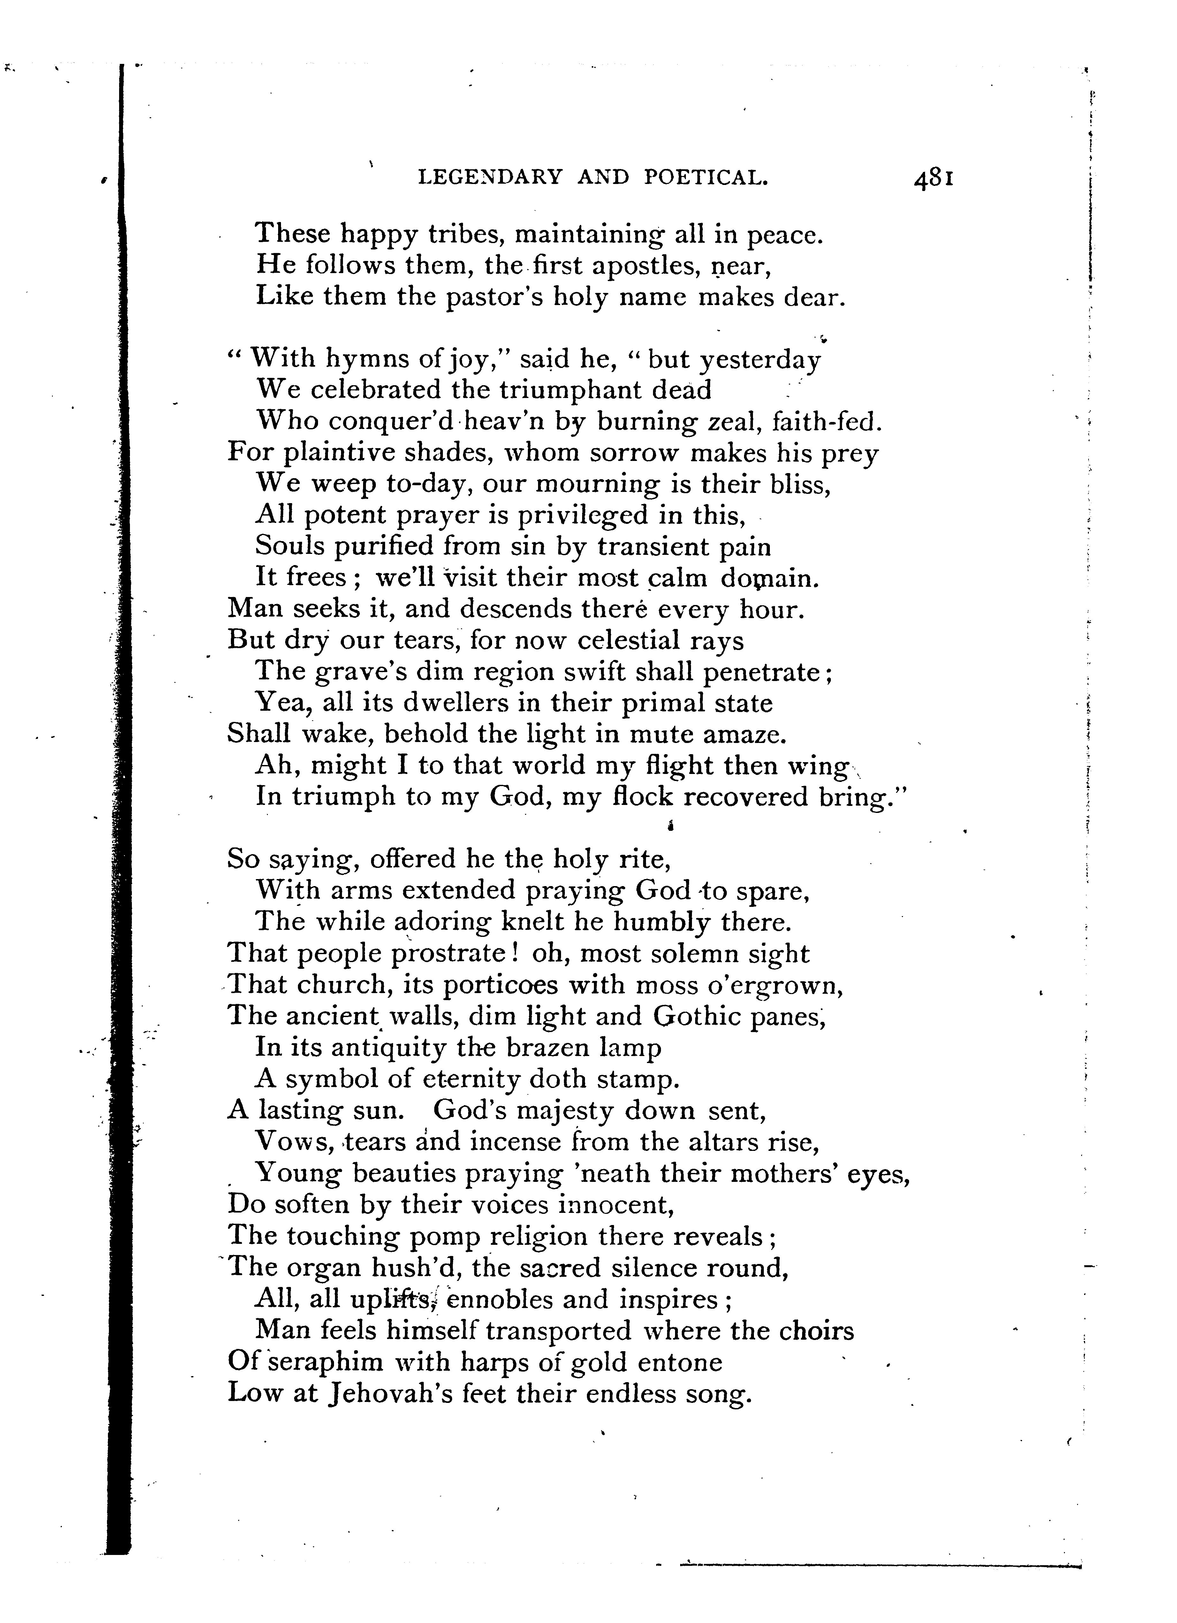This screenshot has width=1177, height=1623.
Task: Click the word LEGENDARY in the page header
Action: click(490, 177)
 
